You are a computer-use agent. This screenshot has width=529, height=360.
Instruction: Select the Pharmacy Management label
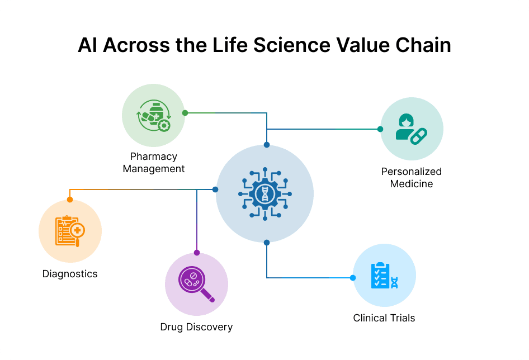coord(154,163)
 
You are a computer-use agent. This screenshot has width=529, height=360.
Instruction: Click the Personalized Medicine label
coord(412,178)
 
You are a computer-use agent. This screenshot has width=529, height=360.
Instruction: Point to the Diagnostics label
coord(70,274)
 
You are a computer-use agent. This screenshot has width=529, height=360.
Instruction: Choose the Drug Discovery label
coord(196,327)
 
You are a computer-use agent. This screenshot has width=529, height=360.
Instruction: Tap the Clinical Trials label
coord(384,318)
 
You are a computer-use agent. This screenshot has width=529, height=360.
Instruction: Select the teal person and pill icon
coord(412,129)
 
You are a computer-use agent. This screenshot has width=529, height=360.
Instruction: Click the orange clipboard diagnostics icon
coord(70,231)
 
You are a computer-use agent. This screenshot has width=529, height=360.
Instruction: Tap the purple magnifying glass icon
coord(196,285)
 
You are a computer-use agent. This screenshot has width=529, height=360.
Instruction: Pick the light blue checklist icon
coord(384,275)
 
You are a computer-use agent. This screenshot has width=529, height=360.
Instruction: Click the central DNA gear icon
coord(264,194)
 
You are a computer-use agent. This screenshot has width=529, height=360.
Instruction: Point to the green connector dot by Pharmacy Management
coord(185,112)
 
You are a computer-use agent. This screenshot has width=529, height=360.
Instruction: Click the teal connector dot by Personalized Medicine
coord(380,129)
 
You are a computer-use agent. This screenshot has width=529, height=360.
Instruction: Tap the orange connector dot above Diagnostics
coord(70,199)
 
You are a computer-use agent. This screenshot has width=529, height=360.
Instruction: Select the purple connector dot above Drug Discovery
coord(196,253)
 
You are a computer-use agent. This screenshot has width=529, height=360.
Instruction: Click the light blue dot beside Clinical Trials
coord(353,278)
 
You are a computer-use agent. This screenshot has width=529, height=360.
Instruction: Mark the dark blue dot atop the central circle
coord(267,145)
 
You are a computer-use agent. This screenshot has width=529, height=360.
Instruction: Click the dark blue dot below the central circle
coord(267,243)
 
